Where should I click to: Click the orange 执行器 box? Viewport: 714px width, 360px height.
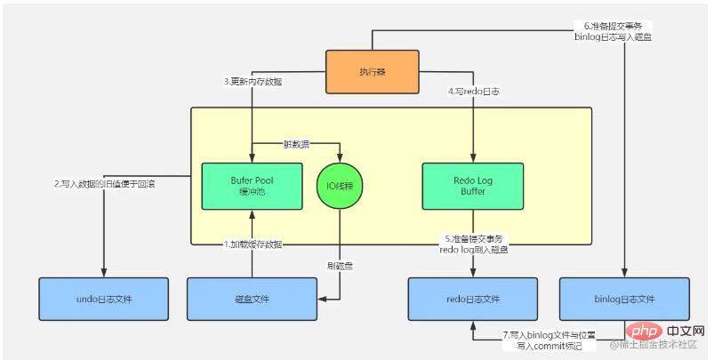(372, 72)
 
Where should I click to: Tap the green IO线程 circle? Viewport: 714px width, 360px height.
(341, 187)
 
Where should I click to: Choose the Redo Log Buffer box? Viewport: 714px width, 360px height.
(472, 186)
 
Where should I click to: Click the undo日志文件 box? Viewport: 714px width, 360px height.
(103, 298)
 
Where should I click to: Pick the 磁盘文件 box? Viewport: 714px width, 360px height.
(253, 298)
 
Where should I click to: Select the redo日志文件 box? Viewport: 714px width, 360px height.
(472, 298)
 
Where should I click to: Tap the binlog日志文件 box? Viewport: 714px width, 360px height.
(624, 298)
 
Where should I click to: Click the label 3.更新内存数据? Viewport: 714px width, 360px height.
(253, 82)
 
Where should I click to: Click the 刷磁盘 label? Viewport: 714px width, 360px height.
(341, 266)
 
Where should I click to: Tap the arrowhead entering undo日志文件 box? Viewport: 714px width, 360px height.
(104, 273)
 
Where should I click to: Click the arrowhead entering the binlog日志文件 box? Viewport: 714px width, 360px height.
(624, 273)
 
